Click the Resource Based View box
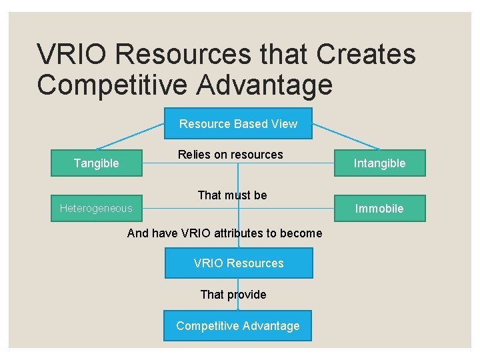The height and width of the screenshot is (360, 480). (238, 123)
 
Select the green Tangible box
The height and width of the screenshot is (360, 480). (97, 163)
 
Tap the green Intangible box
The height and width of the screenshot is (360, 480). (379, 163)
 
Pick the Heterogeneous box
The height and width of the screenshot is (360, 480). (96, 208)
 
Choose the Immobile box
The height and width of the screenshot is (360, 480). (379, 208)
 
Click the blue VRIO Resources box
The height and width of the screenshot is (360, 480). (238, 263)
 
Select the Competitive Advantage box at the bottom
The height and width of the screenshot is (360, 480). (238, 326)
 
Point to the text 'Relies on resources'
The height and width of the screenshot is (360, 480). (230, 155)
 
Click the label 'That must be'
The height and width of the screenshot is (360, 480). (232, 195)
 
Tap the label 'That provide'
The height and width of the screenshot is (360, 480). (233, 295)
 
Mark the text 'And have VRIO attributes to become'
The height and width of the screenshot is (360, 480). (225, 233)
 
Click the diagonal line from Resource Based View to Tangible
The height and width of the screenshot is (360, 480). (131, 136)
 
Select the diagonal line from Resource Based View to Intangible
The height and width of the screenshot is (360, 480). (346, 136)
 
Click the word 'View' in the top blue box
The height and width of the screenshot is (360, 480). (283, 123)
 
